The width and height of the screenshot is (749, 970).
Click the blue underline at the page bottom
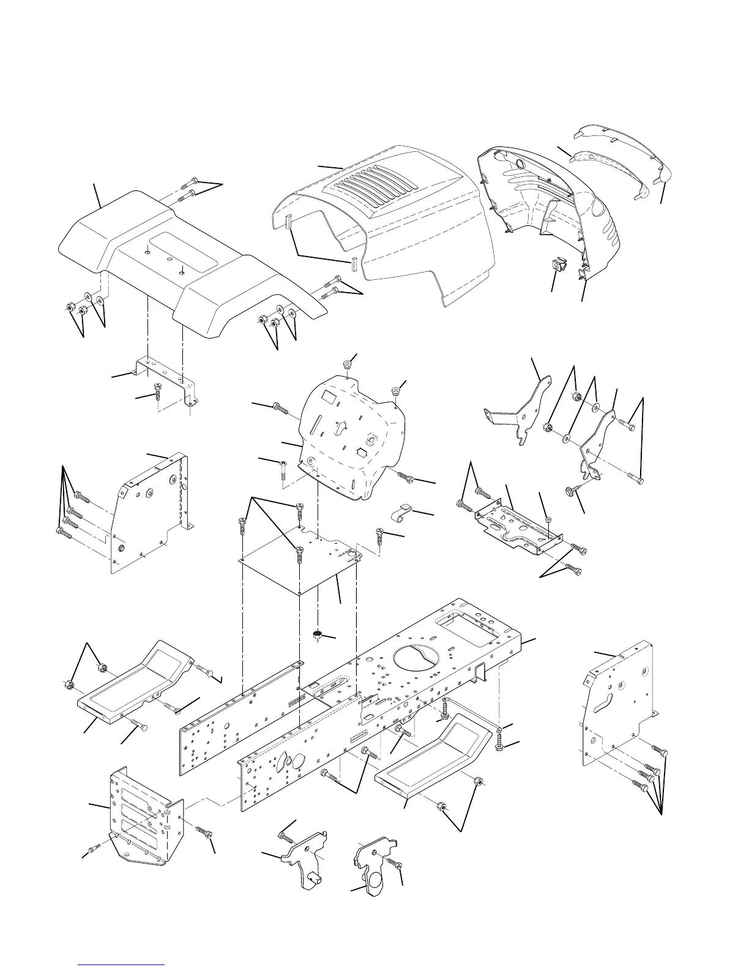(122, 964)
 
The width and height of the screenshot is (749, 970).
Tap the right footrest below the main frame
(434, 756)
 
